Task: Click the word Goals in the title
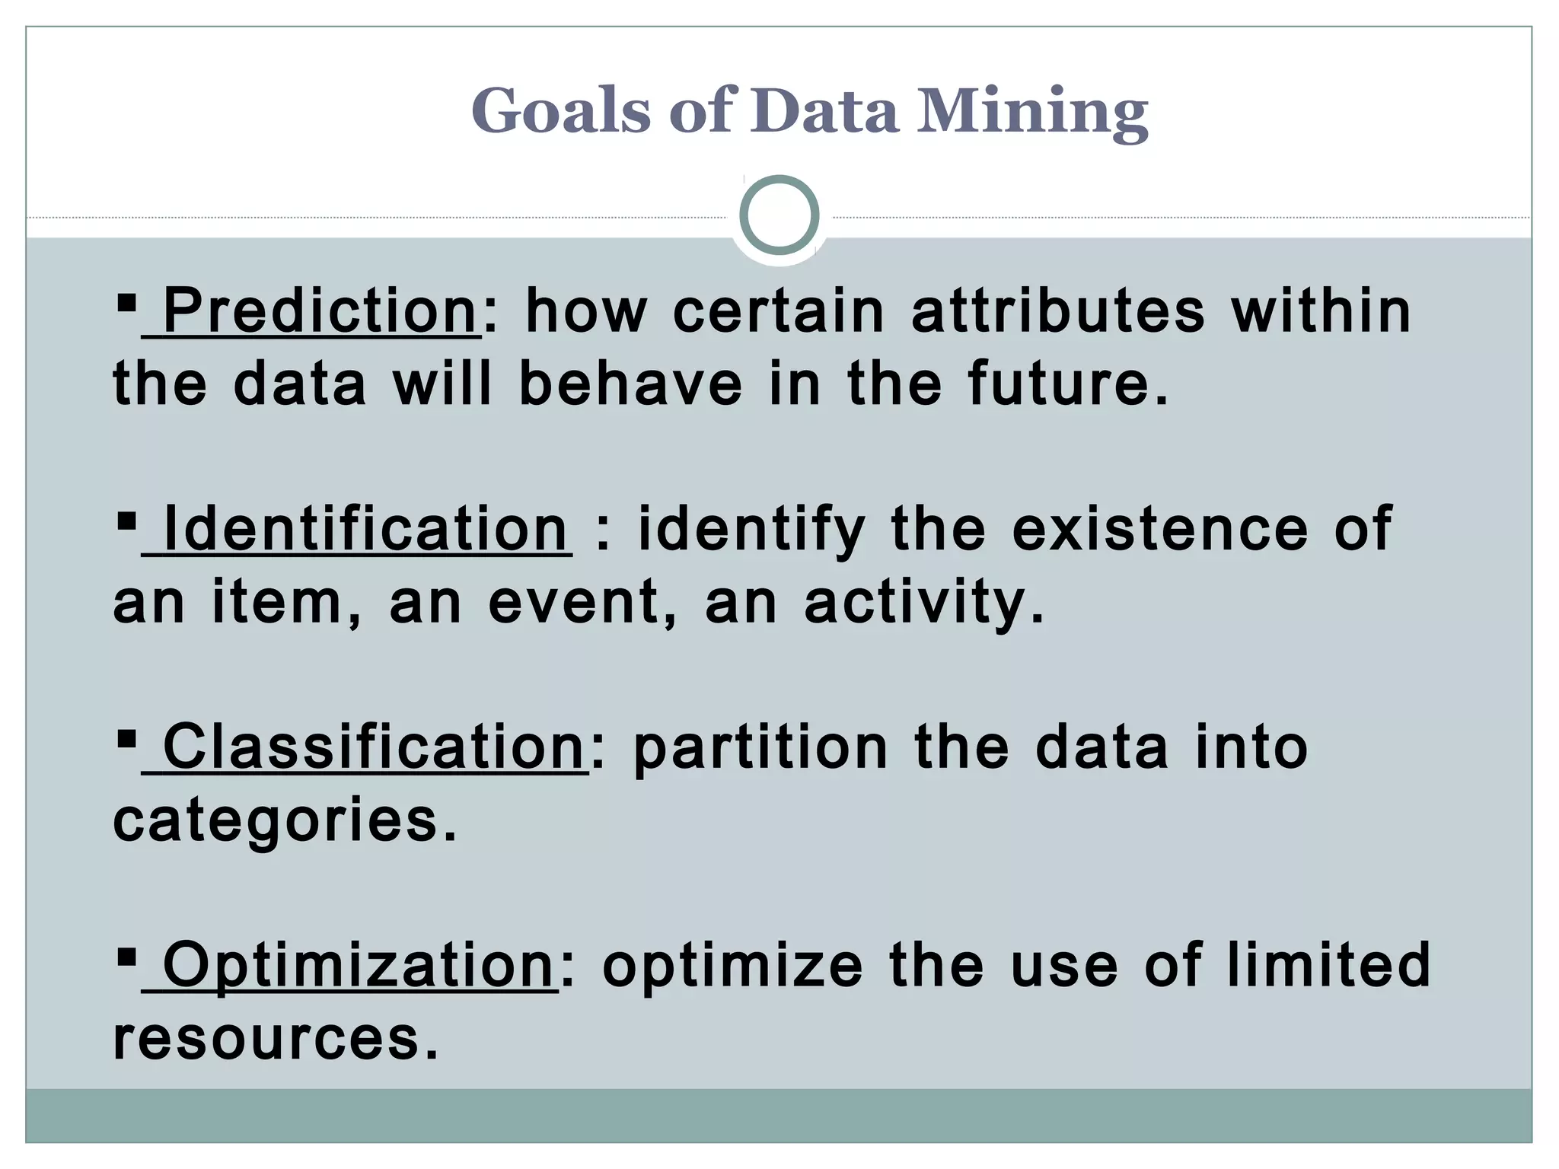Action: [x=560, y=111]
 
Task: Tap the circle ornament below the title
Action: [x=779, y=215]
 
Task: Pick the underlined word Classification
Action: [x=373, y=747]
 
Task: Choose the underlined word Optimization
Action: [x=358, y=965]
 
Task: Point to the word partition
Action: [x=760, y=749]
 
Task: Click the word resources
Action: [x=276, y=1039]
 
